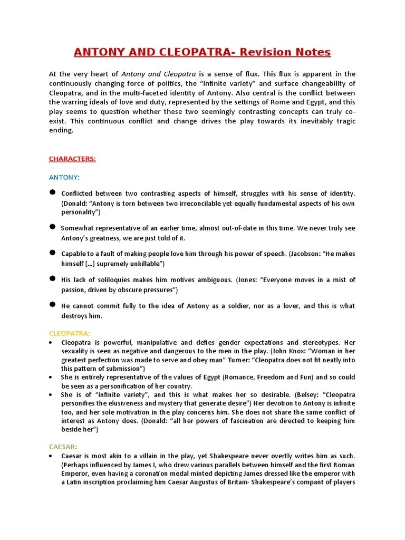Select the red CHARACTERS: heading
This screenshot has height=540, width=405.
tap(72, 159)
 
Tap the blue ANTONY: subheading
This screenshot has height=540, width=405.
tap(64, 177)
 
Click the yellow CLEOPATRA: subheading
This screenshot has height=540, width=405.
tap(69, 333)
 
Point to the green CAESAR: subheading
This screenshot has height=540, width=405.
tap(63, 446)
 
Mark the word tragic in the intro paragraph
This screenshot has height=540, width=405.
tap(344, 121)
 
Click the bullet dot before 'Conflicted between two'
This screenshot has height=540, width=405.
tap(52, 192)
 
